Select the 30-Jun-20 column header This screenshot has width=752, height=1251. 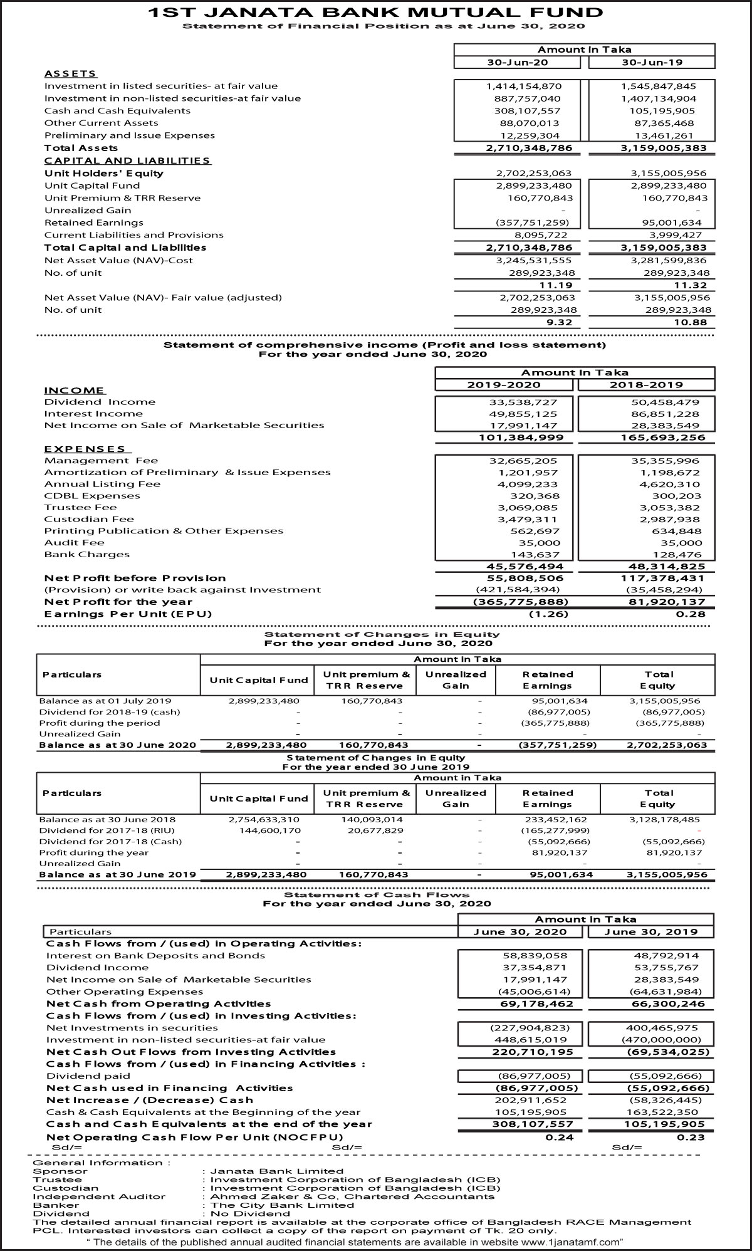click(x=518, y=62)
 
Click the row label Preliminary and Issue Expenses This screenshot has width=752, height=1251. click(x=129, y=135)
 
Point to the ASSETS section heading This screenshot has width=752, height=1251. click(x=70, y=74)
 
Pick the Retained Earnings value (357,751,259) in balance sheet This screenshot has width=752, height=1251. click(x=532, y=222)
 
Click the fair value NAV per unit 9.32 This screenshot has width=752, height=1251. click(x=560, y=323)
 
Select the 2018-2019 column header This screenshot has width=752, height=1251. click(x=646, y=385)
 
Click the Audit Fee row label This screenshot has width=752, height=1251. click(x=74, y=543)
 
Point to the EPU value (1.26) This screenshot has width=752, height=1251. click(x=548, y=614)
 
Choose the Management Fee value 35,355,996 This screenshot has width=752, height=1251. click(x=666, y=461)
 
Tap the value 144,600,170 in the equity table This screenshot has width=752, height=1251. click(x=270, y=830)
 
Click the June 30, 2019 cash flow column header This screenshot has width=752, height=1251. click(x=651, y=932)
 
